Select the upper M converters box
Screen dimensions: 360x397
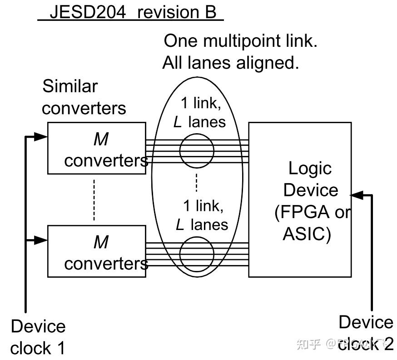97,148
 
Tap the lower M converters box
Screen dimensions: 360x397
97,251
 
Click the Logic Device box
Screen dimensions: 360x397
300,199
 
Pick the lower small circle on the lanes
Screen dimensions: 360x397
196,254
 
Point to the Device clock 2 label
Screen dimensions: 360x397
366,333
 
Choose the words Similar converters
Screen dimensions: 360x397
84,97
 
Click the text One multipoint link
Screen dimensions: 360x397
240,41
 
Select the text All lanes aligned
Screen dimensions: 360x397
231,62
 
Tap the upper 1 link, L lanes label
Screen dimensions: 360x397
200,112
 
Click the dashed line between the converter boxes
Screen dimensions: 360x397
94,200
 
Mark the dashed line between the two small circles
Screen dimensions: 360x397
196,182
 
